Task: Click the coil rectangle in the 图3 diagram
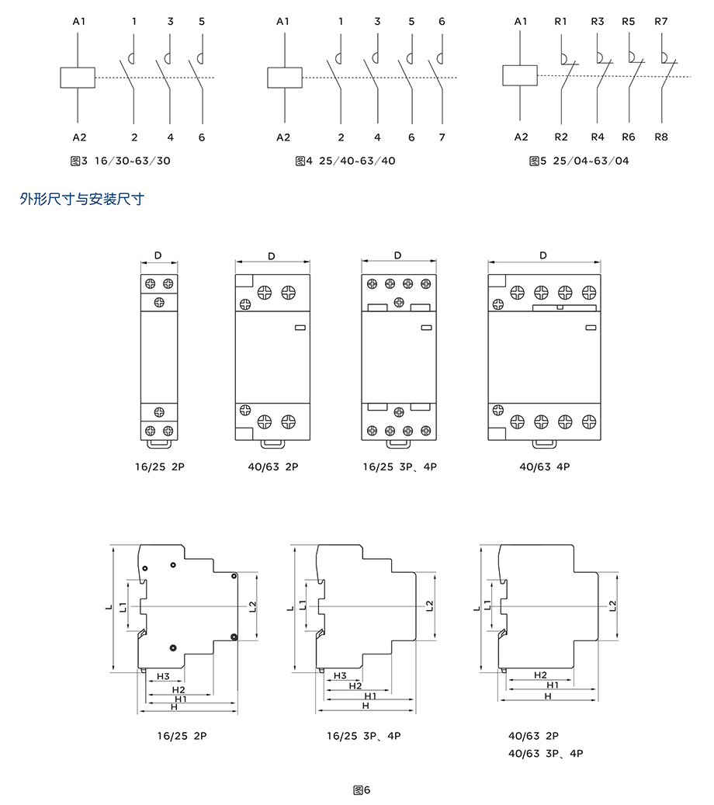[78, 78]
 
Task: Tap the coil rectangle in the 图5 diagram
[521, 75]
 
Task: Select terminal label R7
[660, 22]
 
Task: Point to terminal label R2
[561, 137]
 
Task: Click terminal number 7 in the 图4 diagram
[442, 137]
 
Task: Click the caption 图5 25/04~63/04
[579, 161]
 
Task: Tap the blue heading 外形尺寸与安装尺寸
[82, 200]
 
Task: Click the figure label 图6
[362, 790]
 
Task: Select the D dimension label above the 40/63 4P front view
[543, 255]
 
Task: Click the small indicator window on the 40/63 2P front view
[300, 328]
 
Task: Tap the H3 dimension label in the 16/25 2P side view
[163, 676]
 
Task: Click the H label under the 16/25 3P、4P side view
[366, 706]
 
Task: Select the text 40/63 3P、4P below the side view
[545, 753]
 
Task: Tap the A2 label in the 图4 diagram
[282, 137]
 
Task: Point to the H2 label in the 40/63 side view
[541, 675]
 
